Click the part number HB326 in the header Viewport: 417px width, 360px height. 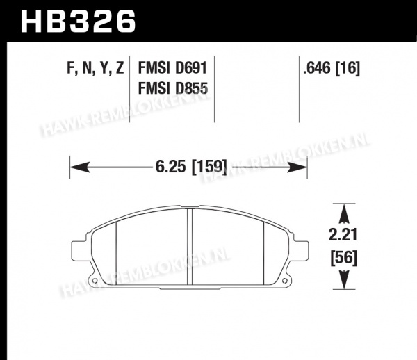pyautogui.click(x=79, y=21)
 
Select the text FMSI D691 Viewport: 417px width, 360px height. pyautogui.click(x=172, y=68)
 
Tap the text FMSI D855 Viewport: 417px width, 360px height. pyautogui.click(x=172, y=88)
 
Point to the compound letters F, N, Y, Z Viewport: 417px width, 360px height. pyautogui.click(x=95, y=68)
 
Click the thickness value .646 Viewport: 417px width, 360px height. pyautogui.click(x=317, y=68)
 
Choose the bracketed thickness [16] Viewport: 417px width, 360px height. pyautogui.click(x=347, y=68)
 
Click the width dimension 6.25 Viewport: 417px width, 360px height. pyautogui.click(x=170, y=167)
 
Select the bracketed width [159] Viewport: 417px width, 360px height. pyautogui.click(x=209, y=167)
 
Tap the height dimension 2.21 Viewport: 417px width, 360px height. pyautogui.click(x=343, y=235)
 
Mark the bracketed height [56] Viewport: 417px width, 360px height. pyautogui.click(x=343, y=258)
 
